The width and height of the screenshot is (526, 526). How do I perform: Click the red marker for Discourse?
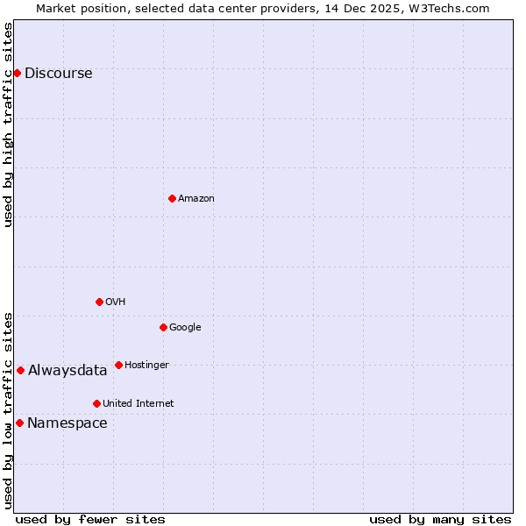coord(17,73)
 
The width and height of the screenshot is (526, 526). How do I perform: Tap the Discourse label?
coord(58,74)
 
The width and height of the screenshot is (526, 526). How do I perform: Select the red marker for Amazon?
coord(172,198)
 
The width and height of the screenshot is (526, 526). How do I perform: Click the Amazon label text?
coord(196,199)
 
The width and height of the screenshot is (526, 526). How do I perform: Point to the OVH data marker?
coord(99,302)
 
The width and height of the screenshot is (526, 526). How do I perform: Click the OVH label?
coord(116,302)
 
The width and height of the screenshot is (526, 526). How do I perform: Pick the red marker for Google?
coord(163,327)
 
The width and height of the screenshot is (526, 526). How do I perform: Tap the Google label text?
coord(185,328)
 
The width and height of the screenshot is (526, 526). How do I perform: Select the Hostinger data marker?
coord(118,365)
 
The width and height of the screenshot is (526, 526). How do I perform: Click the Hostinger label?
coord(146,366)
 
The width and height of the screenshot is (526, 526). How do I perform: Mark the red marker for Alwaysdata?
coord(20,370)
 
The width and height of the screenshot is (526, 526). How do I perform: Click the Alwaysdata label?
coord(68,371)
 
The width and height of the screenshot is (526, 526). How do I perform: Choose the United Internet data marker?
coord(96,403)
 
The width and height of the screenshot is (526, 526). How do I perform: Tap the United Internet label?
coord(139,404)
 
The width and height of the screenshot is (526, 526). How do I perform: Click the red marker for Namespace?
coord(19,423)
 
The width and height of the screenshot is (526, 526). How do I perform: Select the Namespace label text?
coord(68,423)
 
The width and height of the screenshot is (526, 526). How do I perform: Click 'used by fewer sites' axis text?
coord(90,519)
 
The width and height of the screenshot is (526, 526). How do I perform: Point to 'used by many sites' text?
coord(440,519)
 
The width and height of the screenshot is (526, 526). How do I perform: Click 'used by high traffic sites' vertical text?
coord(8,124)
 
